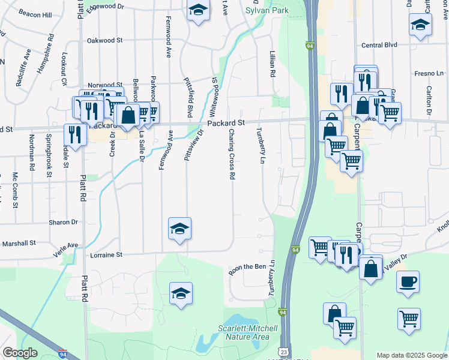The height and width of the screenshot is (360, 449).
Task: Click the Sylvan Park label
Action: (267, 10)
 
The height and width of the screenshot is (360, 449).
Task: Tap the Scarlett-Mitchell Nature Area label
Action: (248, 332)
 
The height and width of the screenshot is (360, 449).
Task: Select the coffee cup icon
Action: (408, 281)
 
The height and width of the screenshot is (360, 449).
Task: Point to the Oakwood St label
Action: (104, 40)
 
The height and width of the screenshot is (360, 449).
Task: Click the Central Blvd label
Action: (379, 45)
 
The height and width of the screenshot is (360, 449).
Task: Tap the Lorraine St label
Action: (106, 254)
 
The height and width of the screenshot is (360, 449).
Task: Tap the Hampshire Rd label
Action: (46, 54)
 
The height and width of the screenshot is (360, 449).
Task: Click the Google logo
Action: (19, 353)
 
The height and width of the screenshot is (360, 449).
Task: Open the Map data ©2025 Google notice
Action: (411, 355)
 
